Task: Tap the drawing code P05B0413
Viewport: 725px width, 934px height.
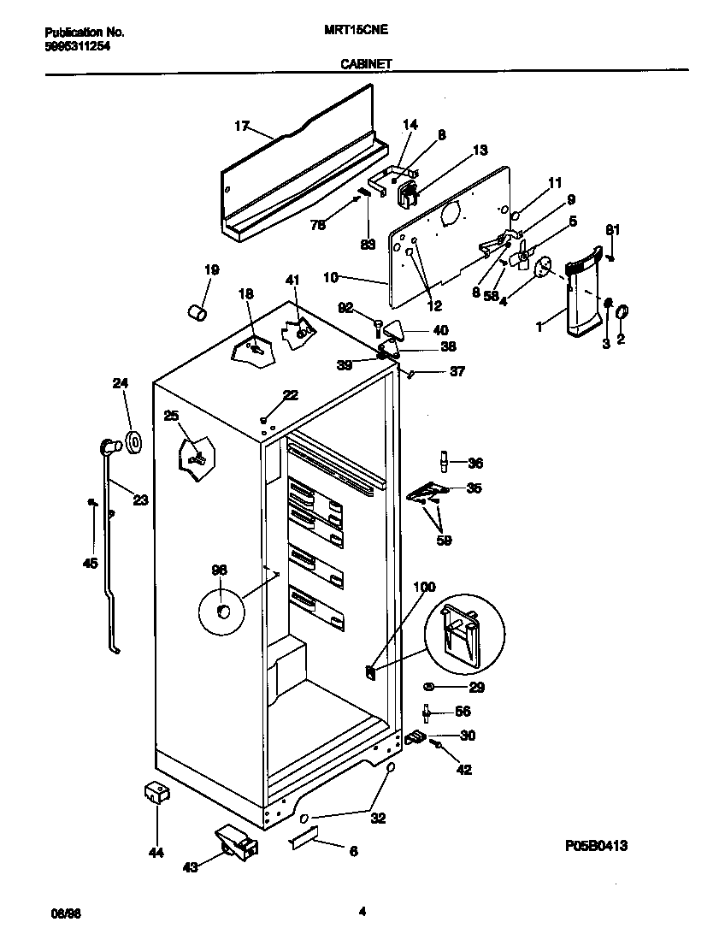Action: pos(596,846)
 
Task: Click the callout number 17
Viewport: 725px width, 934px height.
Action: pos(241,126)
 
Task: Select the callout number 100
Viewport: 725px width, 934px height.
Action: pos(424,587)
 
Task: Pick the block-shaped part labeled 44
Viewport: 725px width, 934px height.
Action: pos(156,795)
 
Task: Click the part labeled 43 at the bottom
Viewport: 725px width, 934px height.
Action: pos(234,842)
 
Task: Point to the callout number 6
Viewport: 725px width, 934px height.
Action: pos(353,851)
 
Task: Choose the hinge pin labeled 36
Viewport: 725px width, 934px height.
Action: pos(443,462)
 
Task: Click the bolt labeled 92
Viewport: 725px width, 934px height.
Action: pos(377,324)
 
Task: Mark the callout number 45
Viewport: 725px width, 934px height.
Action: pos(90,563)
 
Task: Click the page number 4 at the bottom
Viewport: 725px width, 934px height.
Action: pos(362,912)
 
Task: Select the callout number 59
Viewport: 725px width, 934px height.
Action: pos(444,540)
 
